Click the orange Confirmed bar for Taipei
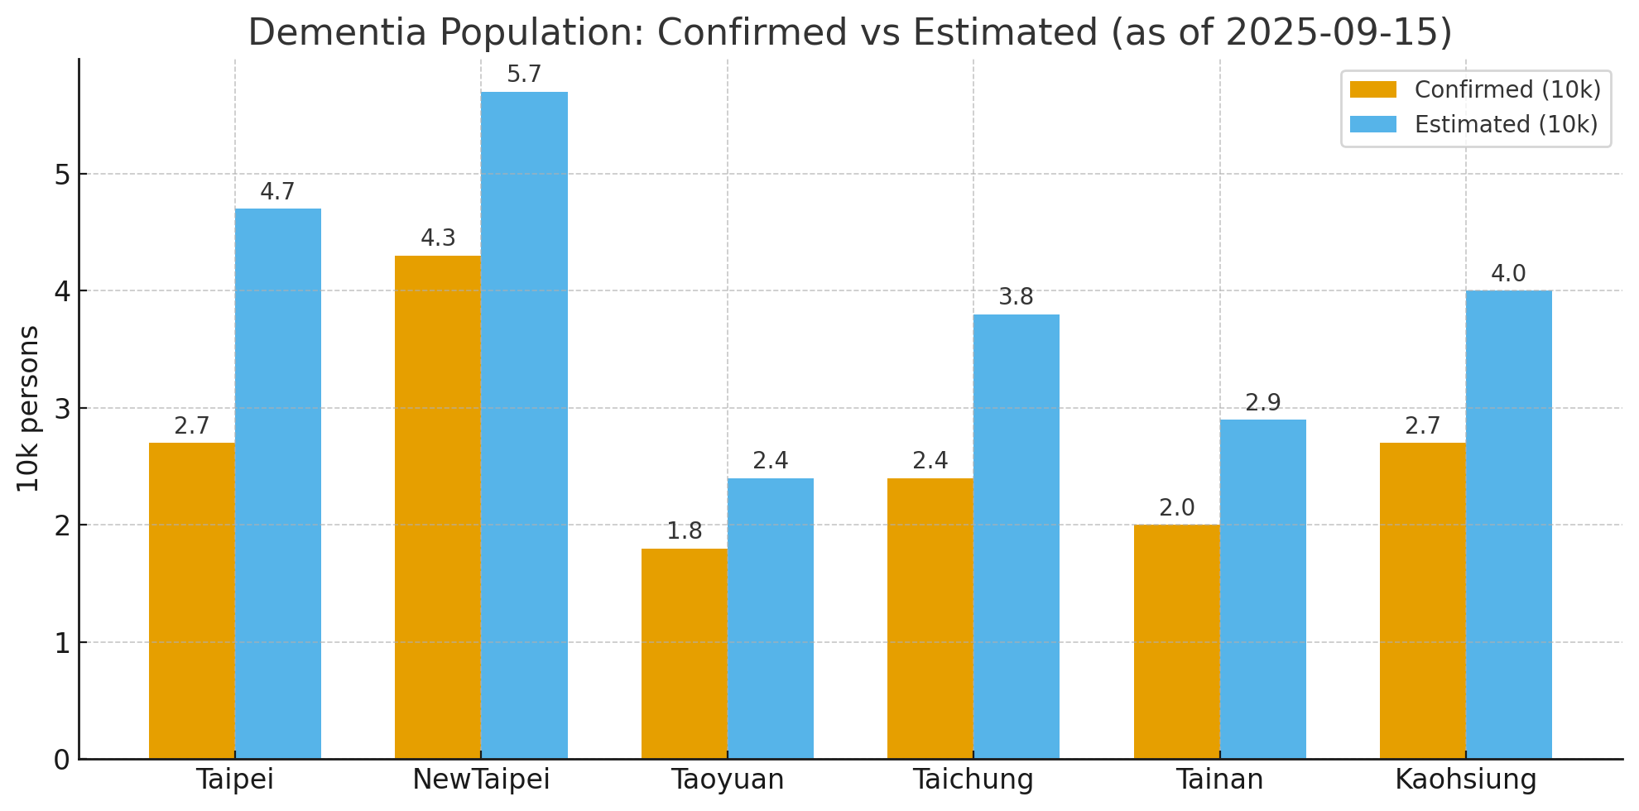point(192,601)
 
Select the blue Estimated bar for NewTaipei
point(524,425)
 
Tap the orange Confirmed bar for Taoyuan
point(685,654)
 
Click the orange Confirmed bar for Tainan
point(1176,641)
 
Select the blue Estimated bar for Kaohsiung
point(1508,525)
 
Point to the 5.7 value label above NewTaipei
point(524,75)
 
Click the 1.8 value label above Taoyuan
point(685,532)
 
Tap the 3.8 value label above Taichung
point(1016,298)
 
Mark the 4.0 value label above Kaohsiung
point(1508,274)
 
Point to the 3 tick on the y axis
point(63,409)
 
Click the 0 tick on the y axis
point(63,760)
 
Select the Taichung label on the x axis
point(973,780)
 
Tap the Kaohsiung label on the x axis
point(1465,780)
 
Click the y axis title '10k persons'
point(29,409)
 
